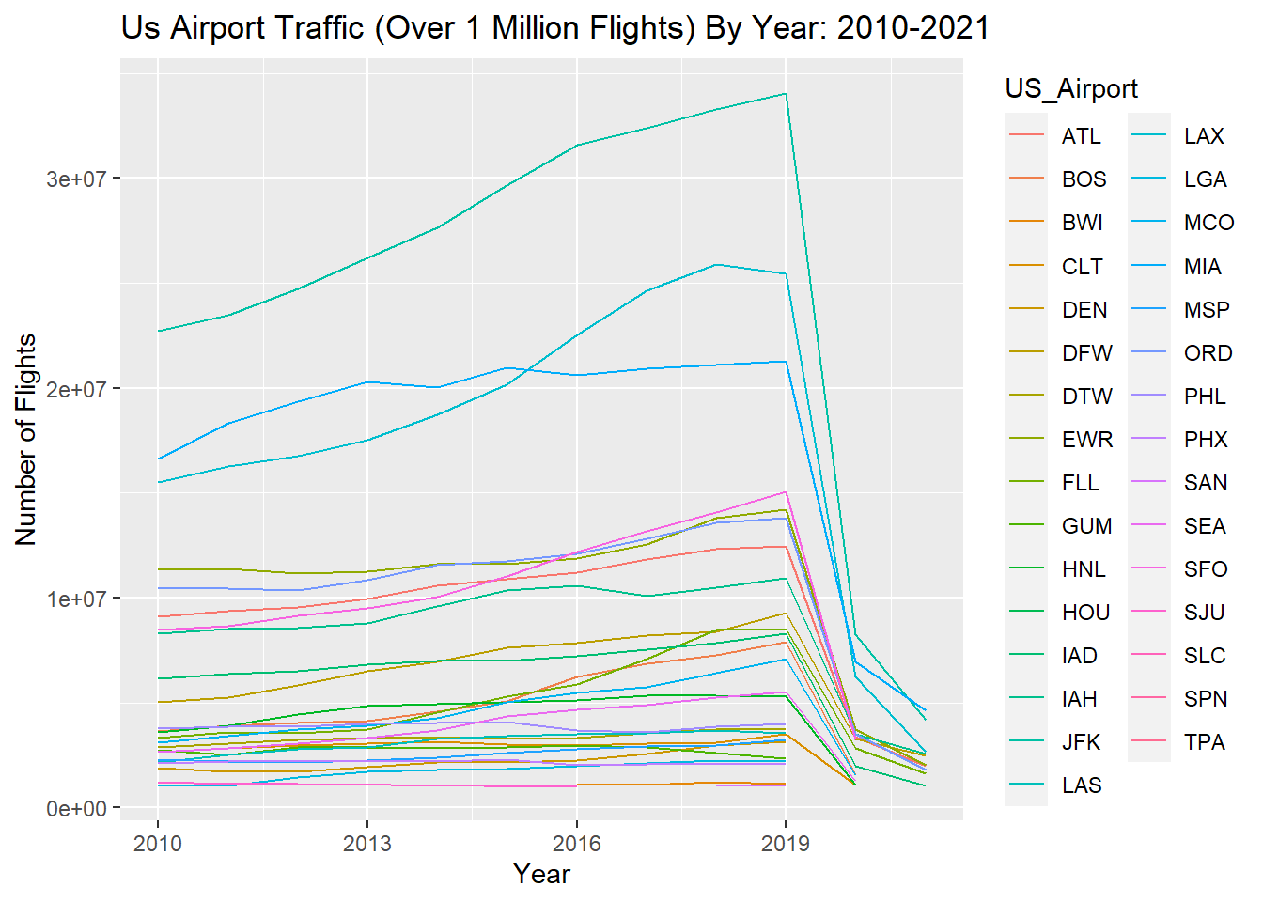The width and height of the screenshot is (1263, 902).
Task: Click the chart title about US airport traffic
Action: click(x=554, y=28)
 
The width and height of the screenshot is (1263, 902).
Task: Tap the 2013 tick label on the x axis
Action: click(x=366, y=843)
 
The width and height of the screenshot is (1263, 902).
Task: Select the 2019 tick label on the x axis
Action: click(x=786, y=843)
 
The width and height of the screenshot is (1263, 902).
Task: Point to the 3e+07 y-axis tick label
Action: click(x=77, y=179)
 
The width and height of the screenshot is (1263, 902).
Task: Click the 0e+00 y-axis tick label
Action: click(x=77, y=809)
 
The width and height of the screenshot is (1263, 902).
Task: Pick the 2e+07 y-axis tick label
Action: click(x=77, y=389)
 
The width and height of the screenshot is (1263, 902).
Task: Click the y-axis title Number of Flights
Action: click(x=26, y=440)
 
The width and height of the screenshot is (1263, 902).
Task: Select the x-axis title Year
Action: click(x=541, y=874)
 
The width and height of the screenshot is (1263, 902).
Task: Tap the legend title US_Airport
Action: click(x=1071, y=88)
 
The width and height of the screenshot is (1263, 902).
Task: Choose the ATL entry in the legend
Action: click(x=1081, y=136)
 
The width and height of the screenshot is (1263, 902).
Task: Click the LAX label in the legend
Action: click(x=1204, y=136)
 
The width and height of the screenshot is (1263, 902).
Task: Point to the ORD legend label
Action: click(x=1208, y=353)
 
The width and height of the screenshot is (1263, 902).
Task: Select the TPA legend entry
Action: click(x=1205, y=742)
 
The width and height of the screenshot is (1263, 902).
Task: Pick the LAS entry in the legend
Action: click(x=1082, y=785)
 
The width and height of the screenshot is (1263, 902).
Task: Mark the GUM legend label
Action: click(x=1086, y=526)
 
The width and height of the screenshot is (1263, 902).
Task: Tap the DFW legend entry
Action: click(x=1086, y=353)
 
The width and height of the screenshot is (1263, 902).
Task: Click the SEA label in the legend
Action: click(x=1205, y=526)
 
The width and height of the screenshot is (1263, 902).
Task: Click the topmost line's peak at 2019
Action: click(x=786, y=94)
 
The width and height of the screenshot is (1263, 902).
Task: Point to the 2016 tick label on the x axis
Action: click(x=576, y=843)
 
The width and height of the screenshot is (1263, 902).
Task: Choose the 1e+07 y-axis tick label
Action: click(x=77, y=599)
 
